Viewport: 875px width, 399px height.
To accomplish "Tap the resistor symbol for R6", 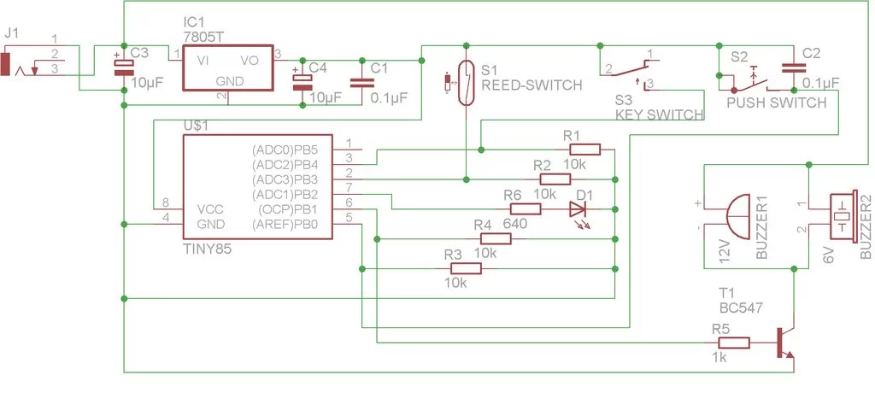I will (525, 208).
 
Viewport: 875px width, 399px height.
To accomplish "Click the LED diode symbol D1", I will (578, 208).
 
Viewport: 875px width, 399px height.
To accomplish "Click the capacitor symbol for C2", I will (794, 67).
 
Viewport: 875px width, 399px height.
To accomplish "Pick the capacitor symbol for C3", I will (125, 65).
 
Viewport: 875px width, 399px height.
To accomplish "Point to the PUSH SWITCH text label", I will (776, 103).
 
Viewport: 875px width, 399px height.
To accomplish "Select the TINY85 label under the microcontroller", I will (208, 248).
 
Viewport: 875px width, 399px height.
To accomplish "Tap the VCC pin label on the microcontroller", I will (210, 209).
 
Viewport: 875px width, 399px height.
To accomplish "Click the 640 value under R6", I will (514, 224).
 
